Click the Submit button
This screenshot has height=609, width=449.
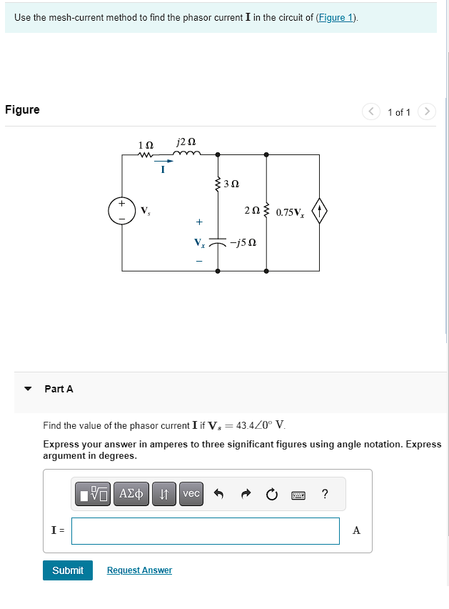[x=68, y=570]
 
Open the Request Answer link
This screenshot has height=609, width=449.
[x=139, y=570]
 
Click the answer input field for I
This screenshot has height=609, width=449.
[x=206, y=530]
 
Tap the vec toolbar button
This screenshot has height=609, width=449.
[x=191, y=494]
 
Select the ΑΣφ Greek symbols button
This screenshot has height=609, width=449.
[x=132, y=494]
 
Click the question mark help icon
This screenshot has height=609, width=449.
[x=326, y=494]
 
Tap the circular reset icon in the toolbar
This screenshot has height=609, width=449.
[x=272, y=494]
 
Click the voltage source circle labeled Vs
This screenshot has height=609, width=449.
[x=122, y=211]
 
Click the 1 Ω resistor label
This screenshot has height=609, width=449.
[x=146, y=145]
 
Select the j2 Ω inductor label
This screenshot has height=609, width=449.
[x=186, y=142]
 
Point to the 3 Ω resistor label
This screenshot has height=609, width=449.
[x=231, y=184]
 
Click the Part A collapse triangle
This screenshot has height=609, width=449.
[x=28, y=389]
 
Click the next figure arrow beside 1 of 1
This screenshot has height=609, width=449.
[x=426, y=112]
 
